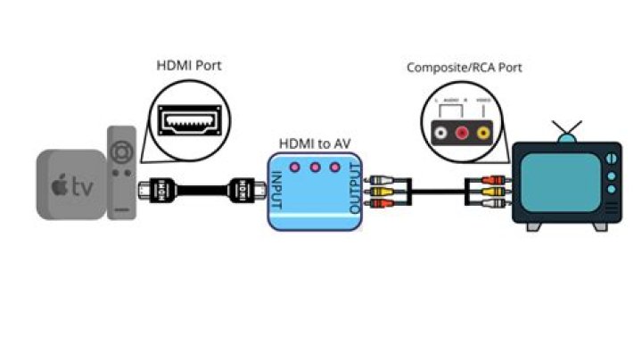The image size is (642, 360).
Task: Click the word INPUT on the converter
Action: click(277, 191)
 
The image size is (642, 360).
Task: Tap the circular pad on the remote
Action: click(123, 148)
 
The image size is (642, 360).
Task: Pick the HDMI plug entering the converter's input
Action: click(245, 190)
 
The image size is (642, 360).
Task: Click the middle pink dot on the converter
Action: click(315, 167)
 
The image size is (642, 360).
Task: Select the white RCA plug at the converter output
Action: click(382, 178)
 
